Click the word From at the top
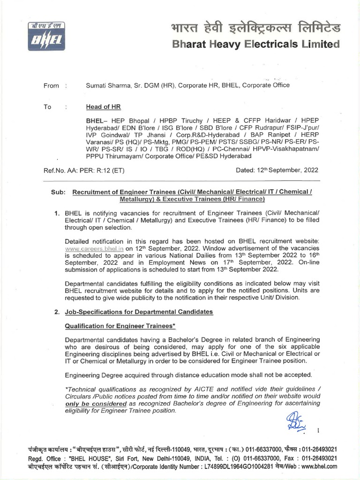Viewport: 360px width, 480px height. point(51,85)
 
